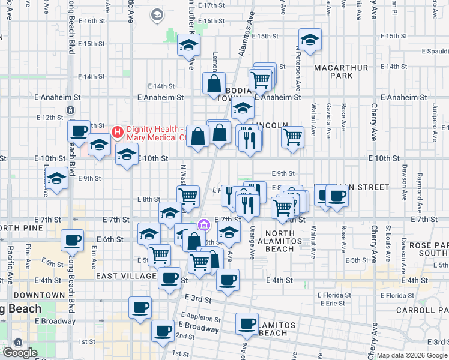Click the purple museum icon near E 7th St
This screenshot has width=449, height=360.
[204, 224]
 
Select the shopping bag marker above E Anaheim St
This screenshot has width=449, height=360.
[214, 83]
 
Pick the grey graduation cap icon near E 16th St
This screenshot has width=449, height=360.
[157, 15]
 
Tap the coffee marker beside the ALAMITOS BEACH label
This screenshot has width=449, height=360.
[247, 324]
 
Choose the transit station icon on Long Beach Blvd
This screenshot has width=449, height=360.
[71, 110]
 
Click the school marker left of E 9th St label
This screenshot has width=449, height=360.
[57, 179]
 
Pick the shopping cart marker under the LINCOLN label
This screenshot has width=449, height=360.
[292, 136]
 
